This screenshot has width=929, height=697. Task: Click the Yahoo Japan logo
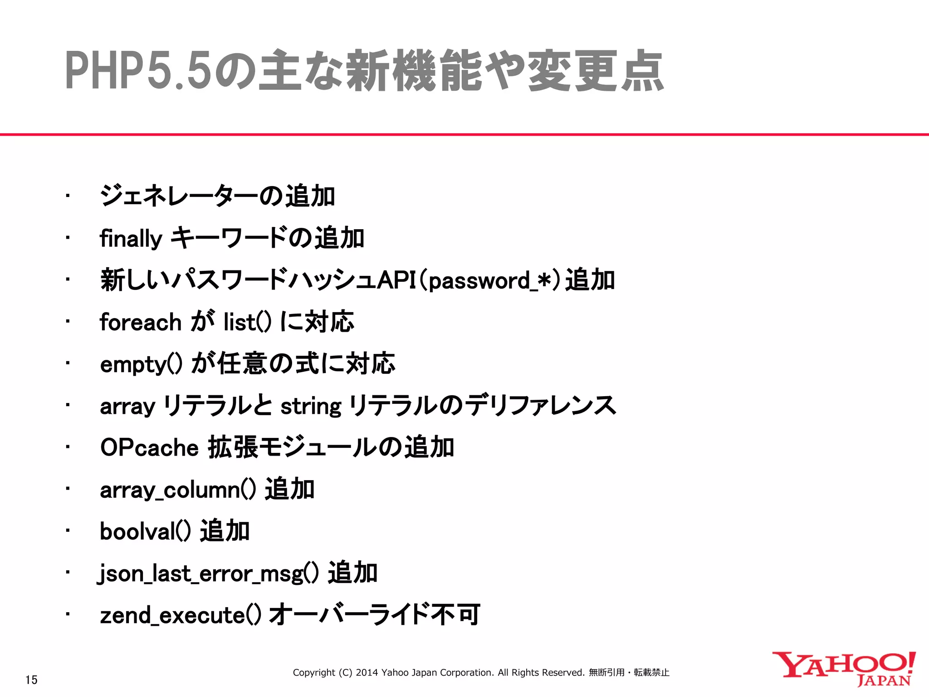[x=844, y=668]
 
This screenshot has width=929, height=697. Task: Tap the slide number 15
[x=31, y=680]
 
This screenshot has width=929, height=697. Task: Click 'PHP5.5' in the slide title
[x=139, y=71]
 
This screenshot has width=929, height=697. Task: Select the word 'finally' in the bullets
[x=131, y=239]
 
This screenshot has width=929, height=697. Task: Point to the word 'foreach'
[x=141, y=322]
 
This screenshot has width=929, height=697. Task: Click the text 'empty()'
[x=141, y=364]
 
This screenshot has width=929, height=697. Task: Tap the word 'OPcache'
[x=149, y=448]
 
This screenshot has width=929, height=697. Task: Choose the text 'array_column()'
[x=177, y=490]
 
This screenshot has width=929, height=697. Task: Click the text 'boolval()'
[x=145, y=531]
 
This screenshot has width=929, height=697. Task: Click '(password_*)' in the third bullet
[x=490, y=280]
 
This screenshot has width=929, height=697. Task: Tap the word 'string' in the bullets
[x=311, y=406]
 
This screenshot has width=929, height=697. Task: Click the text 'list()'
[x=247, y=322]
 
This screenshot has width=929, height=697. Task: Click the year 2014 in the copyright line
[x=367, y=672]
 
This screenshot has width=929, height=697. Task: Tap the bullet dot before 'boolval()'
[x=67, y=530]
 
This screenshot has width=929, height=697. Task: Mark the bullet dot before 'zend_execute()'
[x=67, y=614]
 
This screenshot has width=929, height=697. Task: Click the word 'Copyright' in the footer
[x=314, y=672]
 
